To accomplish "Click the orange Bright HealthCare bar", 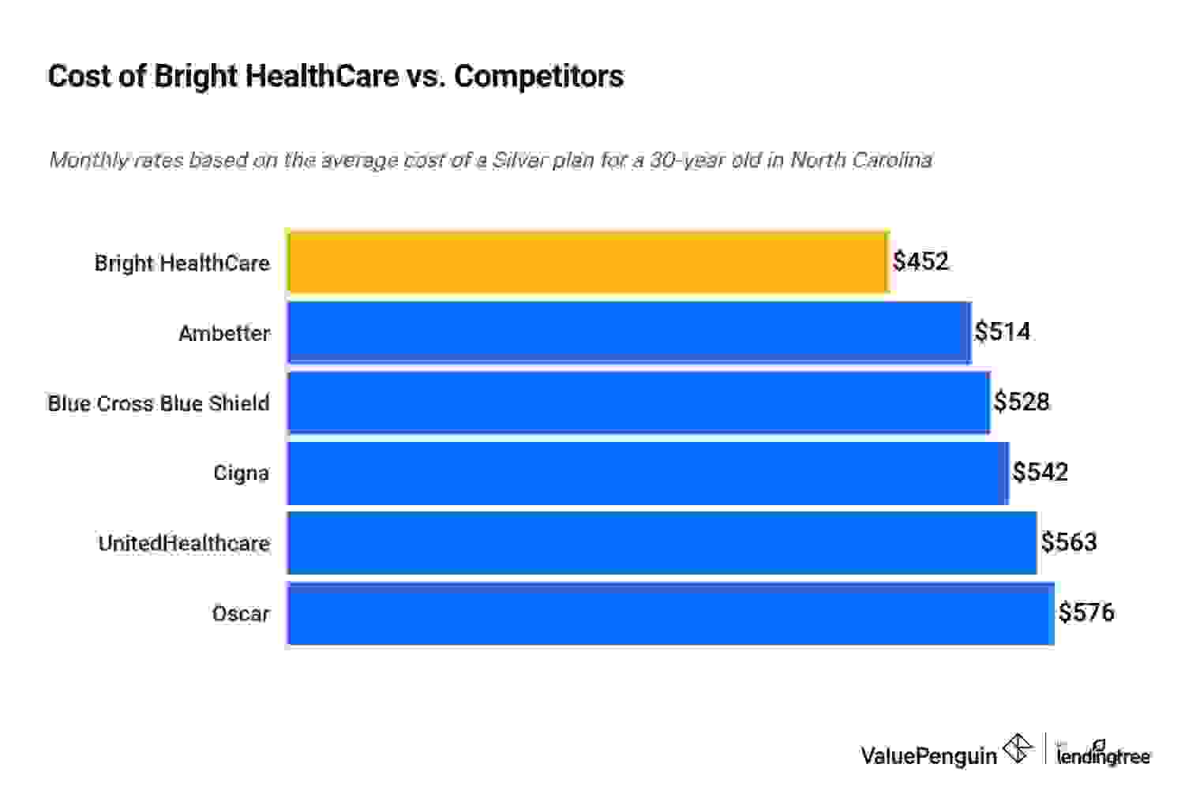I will pos(588,262).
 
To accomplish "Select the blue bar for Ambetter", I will pos(629,332).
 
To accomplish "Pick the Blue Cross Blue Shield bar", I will pos(639,403).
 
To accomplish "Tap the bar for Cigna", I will pos(647,473).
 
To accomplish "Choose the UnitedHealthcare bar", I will pos(662,543).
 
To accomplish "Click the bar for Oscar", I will pos(670,613).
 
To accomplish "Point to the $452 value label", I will pos(921,261).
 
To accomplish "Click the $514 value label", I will pos(1003,331).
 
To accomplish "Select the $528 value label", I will pos(1022,402).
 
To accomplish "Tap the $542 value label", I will pos(1041,472).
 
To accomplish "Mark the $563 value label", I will pos(1069,542).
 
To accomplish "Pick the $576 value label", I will pos(1086,612).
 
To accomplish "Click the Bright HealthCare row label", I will pos(182,263).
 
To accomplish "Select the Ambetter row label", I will pos(224,333).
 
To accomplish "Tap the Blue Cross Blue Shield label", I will pos(159,403).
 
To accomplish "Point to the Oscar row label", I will pos(241,613).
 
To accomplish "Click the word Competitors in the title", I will pos(538,76).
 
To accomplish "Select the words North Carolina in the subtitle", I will pos(861,160).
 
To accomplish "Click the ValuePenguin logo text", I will pos(928,755).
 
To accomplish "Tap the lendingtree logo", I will pos(1103,754).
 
